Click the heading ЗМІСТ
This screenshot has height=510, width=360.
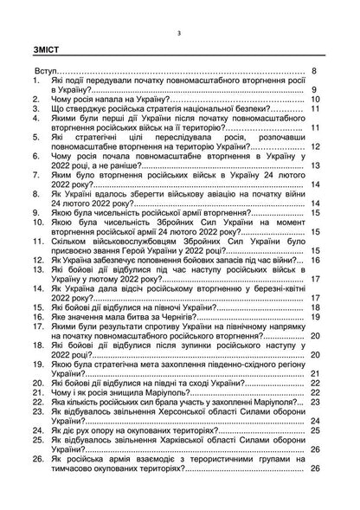[x=43, y=49]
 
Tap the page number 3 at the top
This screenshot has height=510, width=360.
[x=179, y=33]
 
